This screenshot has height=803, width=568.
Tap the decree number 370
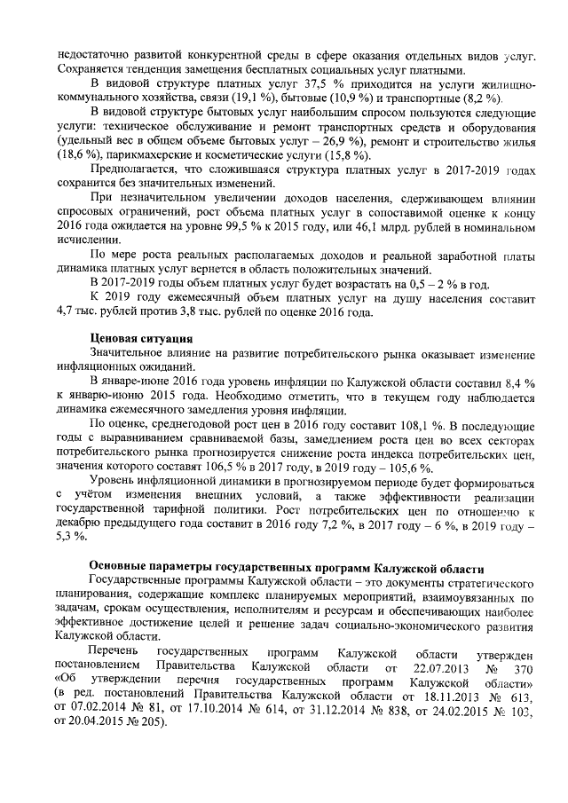click(x=525, y=665)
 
